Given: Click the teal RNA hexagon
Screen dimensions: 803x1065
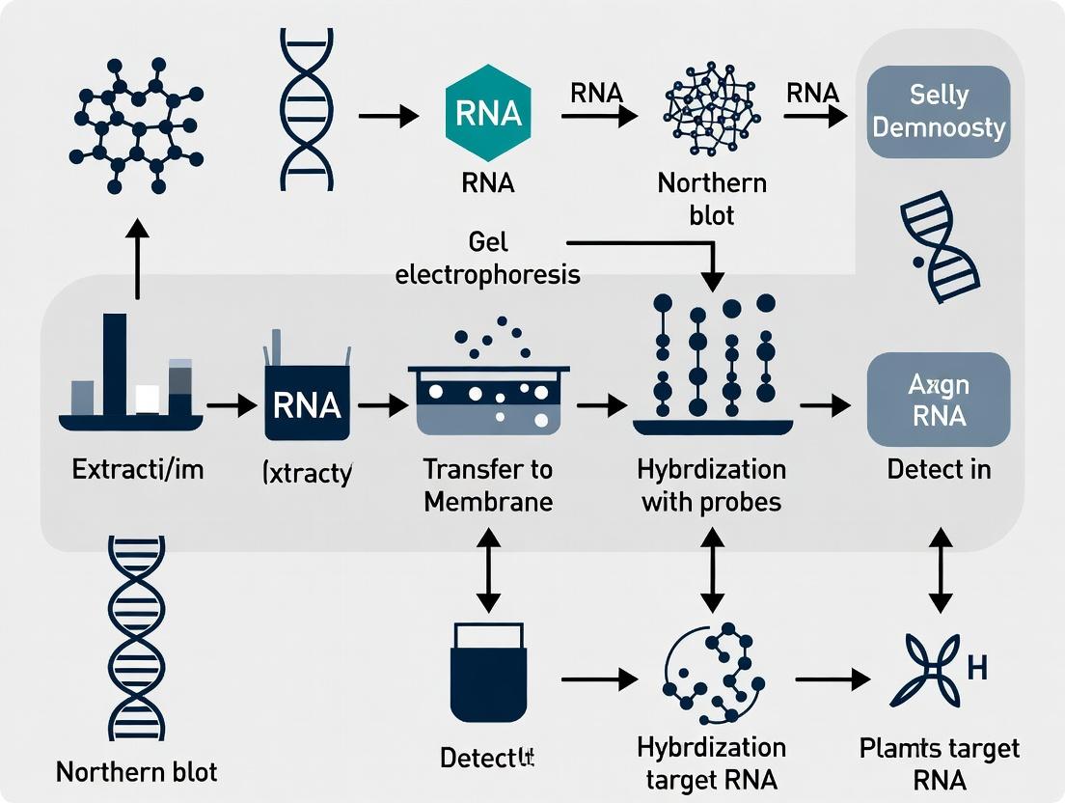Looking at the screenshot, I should point(488,114).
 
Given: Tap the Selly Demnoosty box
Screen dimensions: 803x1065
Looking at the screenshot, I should point(939,112).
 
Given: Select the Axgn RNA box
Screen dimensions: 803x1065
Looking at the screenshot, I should point(939,400).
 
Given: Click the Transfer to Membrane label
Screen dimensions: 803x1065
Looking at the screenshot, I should point(488,485).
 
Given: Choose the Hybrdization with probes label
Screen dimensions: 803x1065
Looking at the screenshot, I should point(712,485).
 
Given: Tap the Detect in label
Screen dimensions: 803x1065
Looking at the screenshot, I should point(939,470).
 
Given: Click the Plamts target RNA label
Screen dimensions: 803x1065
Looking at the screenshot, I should point(939,763).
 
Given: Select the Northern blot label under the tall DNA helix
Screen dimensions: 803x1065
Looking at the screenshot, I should point(136,771).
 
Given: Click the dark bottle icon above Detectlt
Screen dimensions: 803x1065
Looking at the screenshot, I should point(488,671).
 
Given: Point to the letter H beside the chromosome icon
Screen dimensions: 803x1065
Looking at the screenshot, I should point(976,667).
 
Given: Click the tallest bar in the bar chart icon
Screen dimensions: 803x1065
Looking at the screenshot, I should point(115,365).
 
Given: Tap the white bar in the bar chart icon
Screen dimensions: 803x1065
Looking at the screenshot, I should point(147,399).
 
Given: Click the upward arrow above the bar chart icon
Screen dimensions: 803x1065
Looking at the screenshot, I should point(138,258).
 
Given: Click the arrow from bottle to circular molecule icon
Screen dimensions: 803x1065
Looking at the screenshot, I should point(598,679).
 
